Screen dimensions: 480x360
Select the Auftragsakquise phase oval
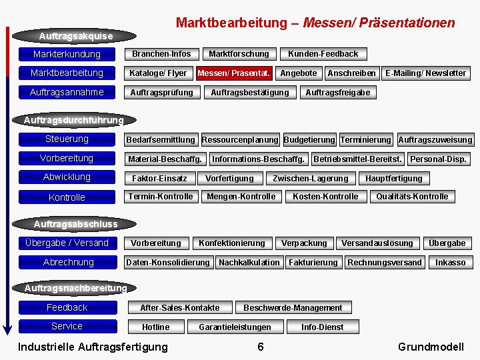pyautogui.click(x=76, y=35)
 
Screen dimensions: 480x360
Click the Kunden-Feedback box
pyautogui.click(x=323, y=54)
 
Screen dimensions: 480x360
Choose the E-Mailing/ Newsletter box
pyautogui.click(x=425, y=73)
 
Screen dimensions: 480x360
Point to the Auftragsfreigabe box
pyautogui.click(x=337, y=92)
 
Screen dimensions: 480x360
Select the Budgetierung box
pyautogui.click(x=309, y=140)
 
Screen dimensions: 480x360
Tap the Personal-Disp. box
pyautogui.click(x=438, y=159)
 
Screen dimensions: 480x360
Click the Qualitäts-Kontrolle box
pyautogui.click(x=411, y=197)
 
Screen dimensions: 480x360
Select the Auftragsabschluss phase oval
pyautogui.click(x=75, y=224)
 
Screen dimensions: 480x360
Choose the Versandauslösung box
pyautogui.click(x=377, y=243)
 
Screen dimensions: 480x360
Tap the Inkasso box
pyautogui.click(x=450, y=262)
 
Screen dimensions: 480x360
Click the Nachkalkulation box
pyautogui.click(x=249, y=262)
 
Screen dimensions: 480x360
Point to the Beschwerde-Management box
pyautogui.click(x=293, y=307)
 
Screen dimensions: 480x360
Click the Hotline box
pyautogui.click(x=155, y=327)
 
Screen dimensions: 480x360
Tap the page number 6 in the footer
pyautogui.click(x=260, y=347)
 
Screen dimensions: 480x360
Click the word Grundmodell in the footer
pyautogui.click(x=431, y=347)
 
